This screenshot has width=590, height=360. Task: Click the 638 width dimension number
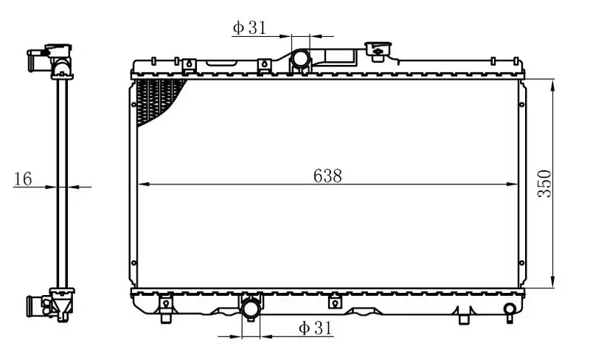[x=327, y=176]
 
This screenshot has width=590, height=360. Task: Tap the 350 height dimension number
[x=544, y=184]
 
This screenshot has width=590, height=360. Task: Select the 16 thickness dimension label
[x=23, y=179]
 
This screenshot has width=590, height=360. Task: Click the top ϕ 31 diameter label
[x=249, y=27]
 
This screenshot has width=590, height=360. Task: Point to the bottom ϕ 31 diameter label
[x=316, y=328]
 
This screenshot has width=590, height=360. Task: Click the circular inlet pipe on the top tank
[x=300, y=59]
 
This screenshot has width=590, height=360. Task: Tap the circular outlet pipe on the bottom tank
[x=251, y=308]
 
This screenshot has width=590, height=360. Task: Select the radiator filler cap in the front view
[x=378, y=51]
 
